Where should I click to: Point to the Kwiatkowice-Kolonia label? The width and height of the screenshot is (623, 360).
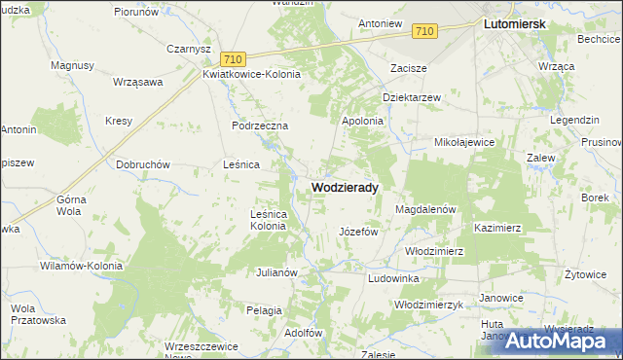251,74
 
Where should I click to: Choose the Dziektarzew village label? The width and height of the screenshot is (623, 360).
412,97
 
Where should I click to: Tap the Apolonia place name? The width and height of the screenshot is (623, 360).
362,121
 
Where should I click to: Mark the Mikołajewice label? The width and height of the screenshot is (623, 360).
464,142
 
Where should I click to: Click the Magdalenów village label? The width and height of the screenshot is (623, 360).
426,209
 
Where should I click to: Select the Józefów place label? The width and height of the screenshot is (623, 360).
357,233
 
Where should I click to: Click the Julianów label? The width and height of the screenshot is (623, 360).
275,272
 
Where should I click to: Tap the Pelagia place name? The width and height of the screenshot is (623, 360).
264,309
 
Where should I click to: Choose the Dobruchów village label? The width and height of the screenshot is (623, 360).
143,164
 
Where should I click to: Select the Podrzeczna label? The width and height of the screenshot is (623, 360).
260,126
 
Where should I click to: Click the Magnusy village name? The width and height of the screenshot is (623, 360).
72,65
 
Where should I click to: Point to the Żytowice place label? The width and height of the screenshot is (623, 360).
585,274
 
